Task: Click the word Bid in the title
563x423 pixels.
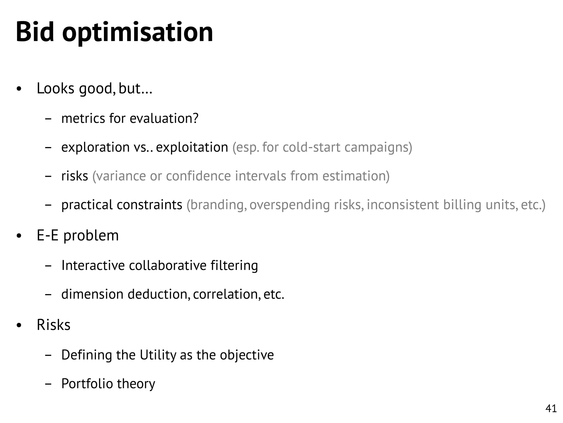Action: click(x=35, y=32)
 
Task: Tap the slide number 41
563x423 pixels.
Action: click(x=551, y=408)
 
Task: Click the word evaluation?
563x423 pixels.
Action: click(x=164, y=118)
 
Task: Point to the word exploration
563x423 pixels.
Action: click(x=95, y=147)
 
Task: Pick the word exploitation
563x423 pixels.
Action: click(x=192, y=147)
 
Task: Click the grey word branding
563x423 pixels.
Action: click(x=217, y=205)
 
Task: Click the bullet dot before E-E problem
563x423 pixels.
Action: click(x=19, y=236)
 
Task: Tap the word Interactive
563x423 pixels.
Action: click(x=93, y=265)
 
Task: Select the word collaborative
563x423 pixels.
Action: click(x=167, y=265)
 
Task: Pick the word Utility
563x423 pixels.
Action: click(x=158, y=355)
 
